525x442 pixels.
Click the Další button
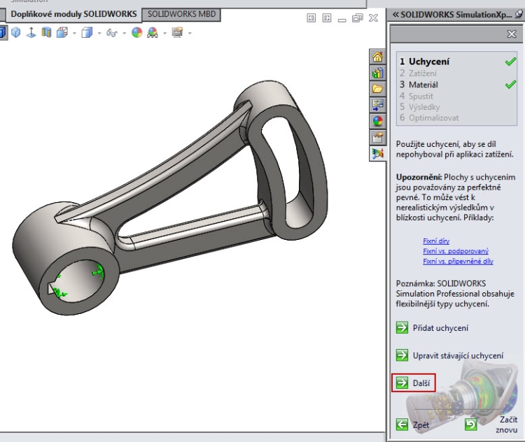(x=414, y=383)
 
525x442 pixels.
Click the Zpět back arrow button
(x=402, y=425)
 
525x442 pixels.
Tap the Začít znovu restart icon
(x=471, y=424)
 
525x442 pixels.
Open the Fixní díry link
(x=436, y=241)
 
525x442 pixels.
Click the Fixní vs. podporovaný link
(x=456, y=251)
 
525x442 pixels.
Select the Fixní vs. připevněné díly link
(x=458, y=261)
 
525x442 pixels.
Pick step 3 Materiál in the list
(x=424, y=85)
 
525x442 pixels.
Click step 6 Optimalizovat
(x=434, y=118)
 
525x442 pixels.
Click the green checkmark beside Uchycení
(x=510, y=62)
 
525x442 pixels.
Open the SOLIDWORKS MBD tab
(x=181, y=14)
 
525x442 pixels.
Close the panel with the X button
(x=511, y=34)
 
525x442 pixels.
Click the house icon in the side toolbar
(x=377, y=57)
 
